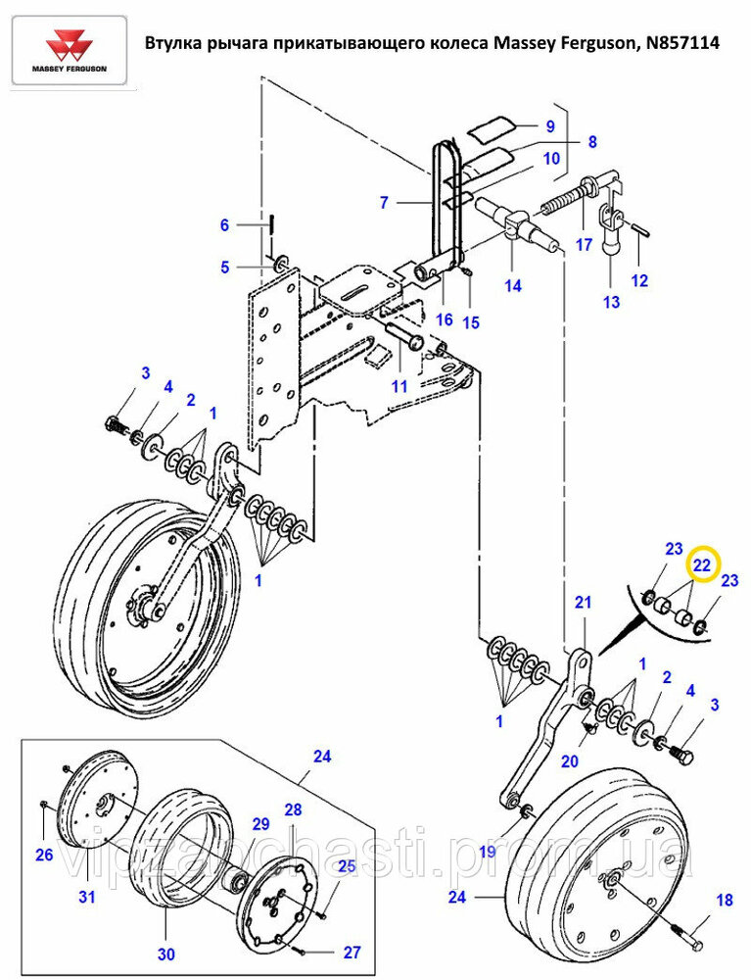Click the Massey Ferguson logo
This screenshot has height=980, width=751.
[x=70, y=51]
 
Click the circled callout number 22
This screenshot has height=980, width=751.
[x=702, y=565]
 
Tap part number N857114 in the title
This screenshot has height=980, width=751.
[x=684, y=42]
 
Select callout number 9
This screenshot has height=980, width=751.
[x=550, y=126]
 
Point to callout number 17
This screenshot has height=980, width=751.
[x=584, y=244]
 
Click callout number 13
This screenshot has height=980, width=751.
[x=612, y=302]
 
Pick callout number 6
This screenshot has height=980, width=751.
[x=225, y=225]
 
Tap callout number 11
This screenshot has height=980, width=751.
[x=399, y=386]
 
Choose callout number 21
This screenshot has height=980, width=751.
[x=583, y=603]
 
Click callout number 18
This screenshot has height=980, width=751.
[x=725, y=900]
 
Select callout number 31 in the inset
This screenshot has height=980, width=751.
[x=87, y=897]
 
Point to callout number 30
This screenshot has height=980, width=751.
[x=166, y=955]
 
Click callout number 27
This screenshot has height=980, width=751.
[x=352, y=952]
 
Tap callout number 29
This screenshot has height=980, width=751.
[x=260, y=824]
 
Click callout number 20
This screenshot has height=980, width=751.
[x=569, y=761]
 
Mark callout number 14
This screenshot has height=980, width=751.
[x=512, y=285]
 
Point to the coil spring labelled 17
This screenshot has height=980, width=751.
[x=564, y=199]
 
